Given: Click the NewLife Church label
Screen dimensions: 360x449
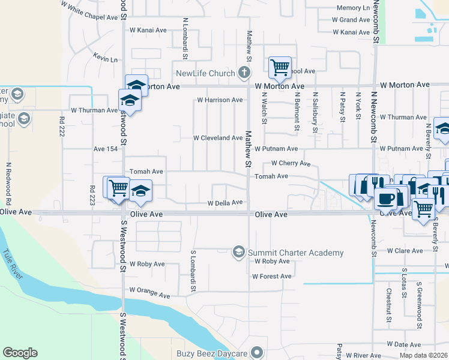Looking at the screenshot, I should (205, 74).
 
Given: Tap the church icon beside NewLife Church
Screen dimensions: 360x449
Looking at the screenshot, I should (244, 73).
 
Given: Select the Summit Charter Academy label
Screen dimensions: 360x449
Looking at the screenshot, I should (295, 253).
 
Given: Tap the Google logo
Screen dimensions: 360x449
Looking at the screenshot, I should (20, 353).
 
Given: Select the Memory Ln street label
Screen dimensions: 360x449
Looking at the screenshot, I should (353, 8).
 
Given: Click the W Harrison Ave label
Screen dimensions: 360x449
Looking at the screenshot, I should (223, 100).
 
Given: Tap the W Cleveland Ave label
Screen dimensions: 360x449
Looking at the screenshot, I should (217, 138).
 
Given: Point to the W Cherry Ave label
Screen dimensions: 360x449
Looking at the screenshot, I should (291, 163).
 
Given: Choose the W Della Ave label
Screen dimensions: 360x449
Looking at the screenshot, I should (224, 203).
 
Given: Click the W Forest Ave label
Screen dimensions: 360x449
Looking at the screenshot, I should (271, 277).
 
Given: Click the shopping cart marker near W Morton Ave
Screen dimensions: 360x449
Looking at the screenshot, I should (280, 67).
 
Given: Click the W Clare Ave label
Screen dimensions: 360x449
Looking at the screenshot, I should (406, 251).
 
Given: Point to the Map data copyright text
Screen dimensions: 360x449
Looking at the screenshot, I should (424, 355).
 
